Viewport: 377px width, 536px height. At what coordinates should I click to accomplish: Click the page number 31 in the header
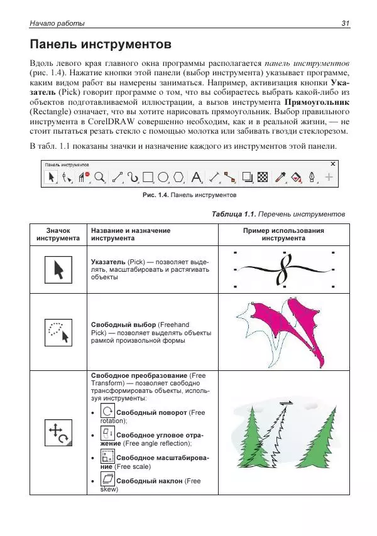coord(345,23)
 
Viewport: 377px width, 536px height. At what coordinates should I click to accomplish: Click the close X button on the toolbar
coord(333,164)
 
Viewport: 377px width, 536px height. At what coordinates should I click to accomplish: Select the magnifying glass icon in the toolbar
coord(99,178)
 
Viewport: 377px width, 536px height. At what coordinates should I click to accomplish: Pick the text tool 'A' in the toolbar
coord(196,178)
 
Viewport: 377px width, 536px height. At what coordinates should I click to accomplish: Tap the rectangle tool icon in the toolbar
coord(148,178)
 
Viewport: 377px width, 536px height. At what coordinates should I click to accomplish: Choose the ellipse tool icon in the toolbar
coord(163,178)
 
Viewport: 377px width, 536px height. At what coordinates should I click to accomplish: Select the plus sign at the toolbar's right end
coord(328,178)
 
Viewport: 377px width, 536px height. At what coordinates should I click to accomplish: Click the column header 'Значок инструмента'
coord(58,234)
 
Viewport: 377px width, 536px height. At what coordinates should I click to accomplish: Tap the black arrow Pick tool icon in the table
coord(58,270)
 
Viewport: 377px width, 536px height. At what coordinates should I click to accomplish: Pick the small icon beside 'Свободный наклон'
coord(107,480)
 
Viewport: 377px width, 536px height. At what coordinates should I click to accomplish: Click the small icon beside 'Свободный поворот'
coord(107,412)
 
